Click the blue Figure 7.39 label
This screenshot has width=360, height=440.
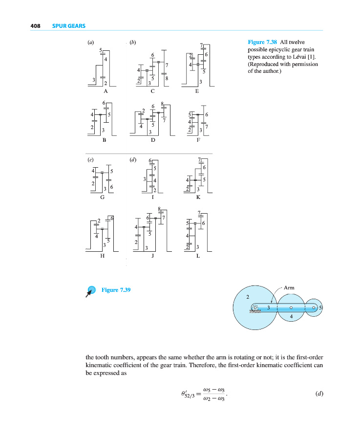pos(116,290)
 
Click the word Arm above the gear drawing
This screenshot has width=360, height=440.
pos(289,288)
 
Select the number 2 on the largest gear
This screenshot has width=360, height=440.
pos(248,297)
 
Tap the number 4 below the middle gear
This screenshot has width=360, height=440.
pos(291,317)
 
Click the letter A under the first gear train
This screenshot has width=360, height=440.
pos(106,91)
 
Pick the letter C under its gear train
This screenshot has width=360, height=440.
pos(153,91)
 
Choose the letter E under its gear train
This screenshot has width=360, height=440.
pos(197,91)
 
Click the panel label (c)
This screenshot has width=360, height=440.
pos(90,159)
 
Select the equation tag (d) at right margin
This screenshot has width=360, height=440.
pos(319,393)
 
